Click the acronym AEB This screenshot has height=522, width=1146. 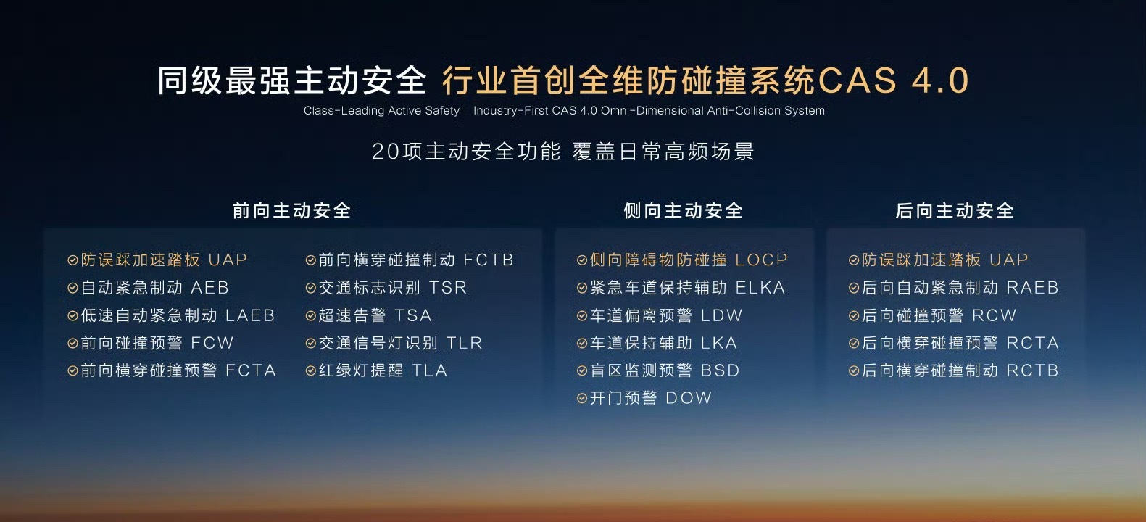209,288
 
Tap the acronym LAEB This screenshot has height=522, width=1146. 250,315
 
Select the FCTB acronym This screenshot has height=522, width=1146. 489,260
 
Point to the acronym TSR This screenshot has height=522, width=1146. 448,288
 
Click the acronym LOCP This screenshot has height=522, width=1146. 761,260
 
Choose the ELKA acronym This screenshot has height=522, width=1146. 760,288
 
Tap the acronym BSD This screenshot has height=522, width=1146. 720,370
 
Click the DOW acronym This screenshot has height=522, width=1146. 689,398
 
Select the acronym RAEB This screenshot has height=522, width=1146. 1032,288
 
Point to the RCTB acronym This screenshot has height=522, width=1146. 1032,370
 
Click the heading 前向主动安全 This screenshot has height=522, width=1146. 291,210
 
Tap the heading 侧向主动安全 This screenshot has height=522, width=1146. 683,210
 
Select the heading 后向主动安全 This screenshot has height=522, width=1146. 955,210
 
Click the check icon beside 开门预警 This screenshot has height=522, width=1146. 581,398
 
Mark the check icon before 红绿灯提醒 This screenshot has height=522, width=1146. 310,370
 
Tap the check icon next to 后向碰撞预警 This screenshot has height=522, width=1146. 853,315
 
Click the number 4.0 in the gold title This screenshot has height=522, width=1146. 940,80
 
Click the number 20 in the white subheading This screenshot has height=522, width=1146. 386,152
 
